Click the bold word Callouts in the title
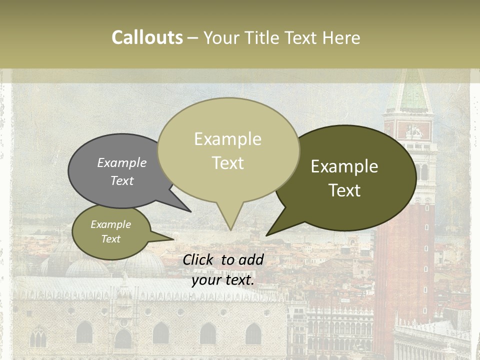point(147,37)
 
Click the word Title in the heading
point(264,37)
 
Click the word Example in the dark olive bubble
point(344,166)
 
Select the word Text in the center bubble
point(228,163)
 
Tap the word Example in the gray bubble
point(122,162)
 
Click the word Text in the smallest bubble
point(110,239)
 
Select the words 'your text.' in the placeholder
point(223,280)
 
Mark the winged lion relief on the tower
point(414,131)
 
